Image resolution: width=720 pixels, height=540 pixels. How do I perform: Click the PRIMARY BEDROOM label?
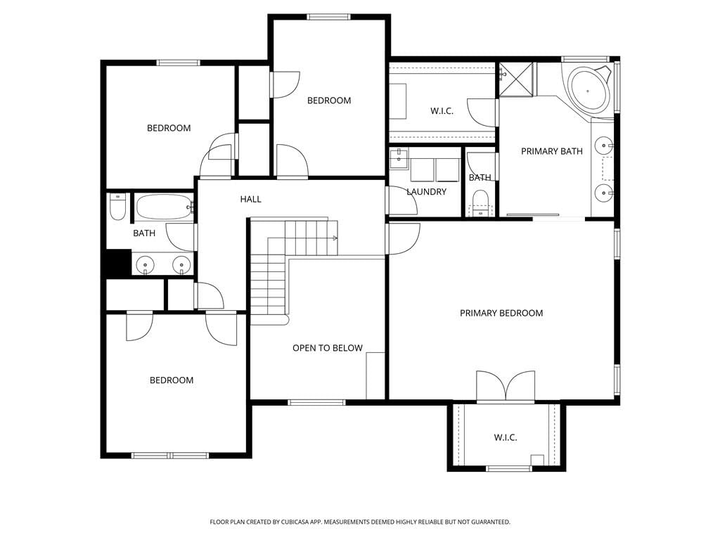(501, 313)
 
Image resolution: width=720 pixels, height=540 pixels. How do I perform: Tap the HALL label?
(251, 199)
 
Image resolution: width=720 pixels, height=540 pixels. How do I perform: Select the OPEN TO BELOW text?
(328, 348)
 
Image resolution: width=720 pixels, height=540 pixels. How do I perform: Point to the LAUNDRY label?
(427, 192)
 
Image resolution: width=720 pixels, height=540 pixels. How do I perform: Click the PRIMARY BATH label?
(551, 151)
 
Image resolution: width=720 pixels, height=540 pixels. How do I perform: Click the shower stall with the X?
(517, 79)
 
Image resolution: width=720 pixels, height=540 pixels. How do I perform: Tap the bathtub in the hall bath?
(164, 207)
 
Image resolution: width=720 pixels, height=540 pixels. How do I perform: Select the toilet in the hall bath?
(117, 207)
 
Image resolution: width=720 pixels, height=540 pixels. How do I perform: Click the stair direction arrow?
(334, 238)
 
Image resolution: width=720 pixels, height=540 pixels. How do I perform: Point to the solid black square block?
(118, 263)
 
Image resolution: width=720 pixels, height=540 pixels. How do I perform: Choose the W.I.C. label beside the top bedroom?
(442, 111)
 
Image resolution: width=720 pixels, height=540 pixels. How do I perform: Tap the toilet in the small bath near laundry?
(481, 203)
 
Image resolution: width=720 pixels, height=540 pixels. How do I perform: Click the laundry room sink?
(399, 158)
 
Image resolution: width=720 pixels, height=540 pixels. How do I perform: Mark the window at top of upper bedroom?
(329, 17)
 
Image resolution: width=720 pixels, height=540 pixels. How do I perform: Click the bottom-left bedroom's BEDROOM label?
(172, 380)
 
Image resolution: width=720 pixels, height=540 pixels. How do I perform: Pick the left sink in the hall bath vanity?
(146, 265)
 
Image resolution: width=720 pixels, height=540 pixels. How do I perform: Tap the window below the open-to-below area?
(316, 403)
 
